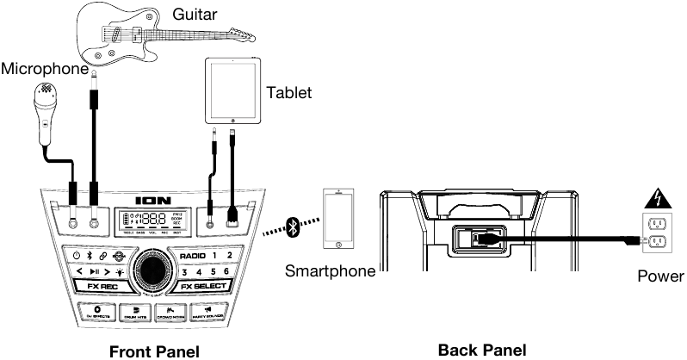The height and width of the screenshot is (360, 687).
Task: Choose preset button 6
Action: tap(226, 271)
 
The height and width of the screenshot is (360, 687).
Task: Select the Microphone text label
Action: tap(44, 68)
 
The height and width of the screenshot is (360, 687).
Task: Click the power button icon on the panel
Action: tap(77, 256)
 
